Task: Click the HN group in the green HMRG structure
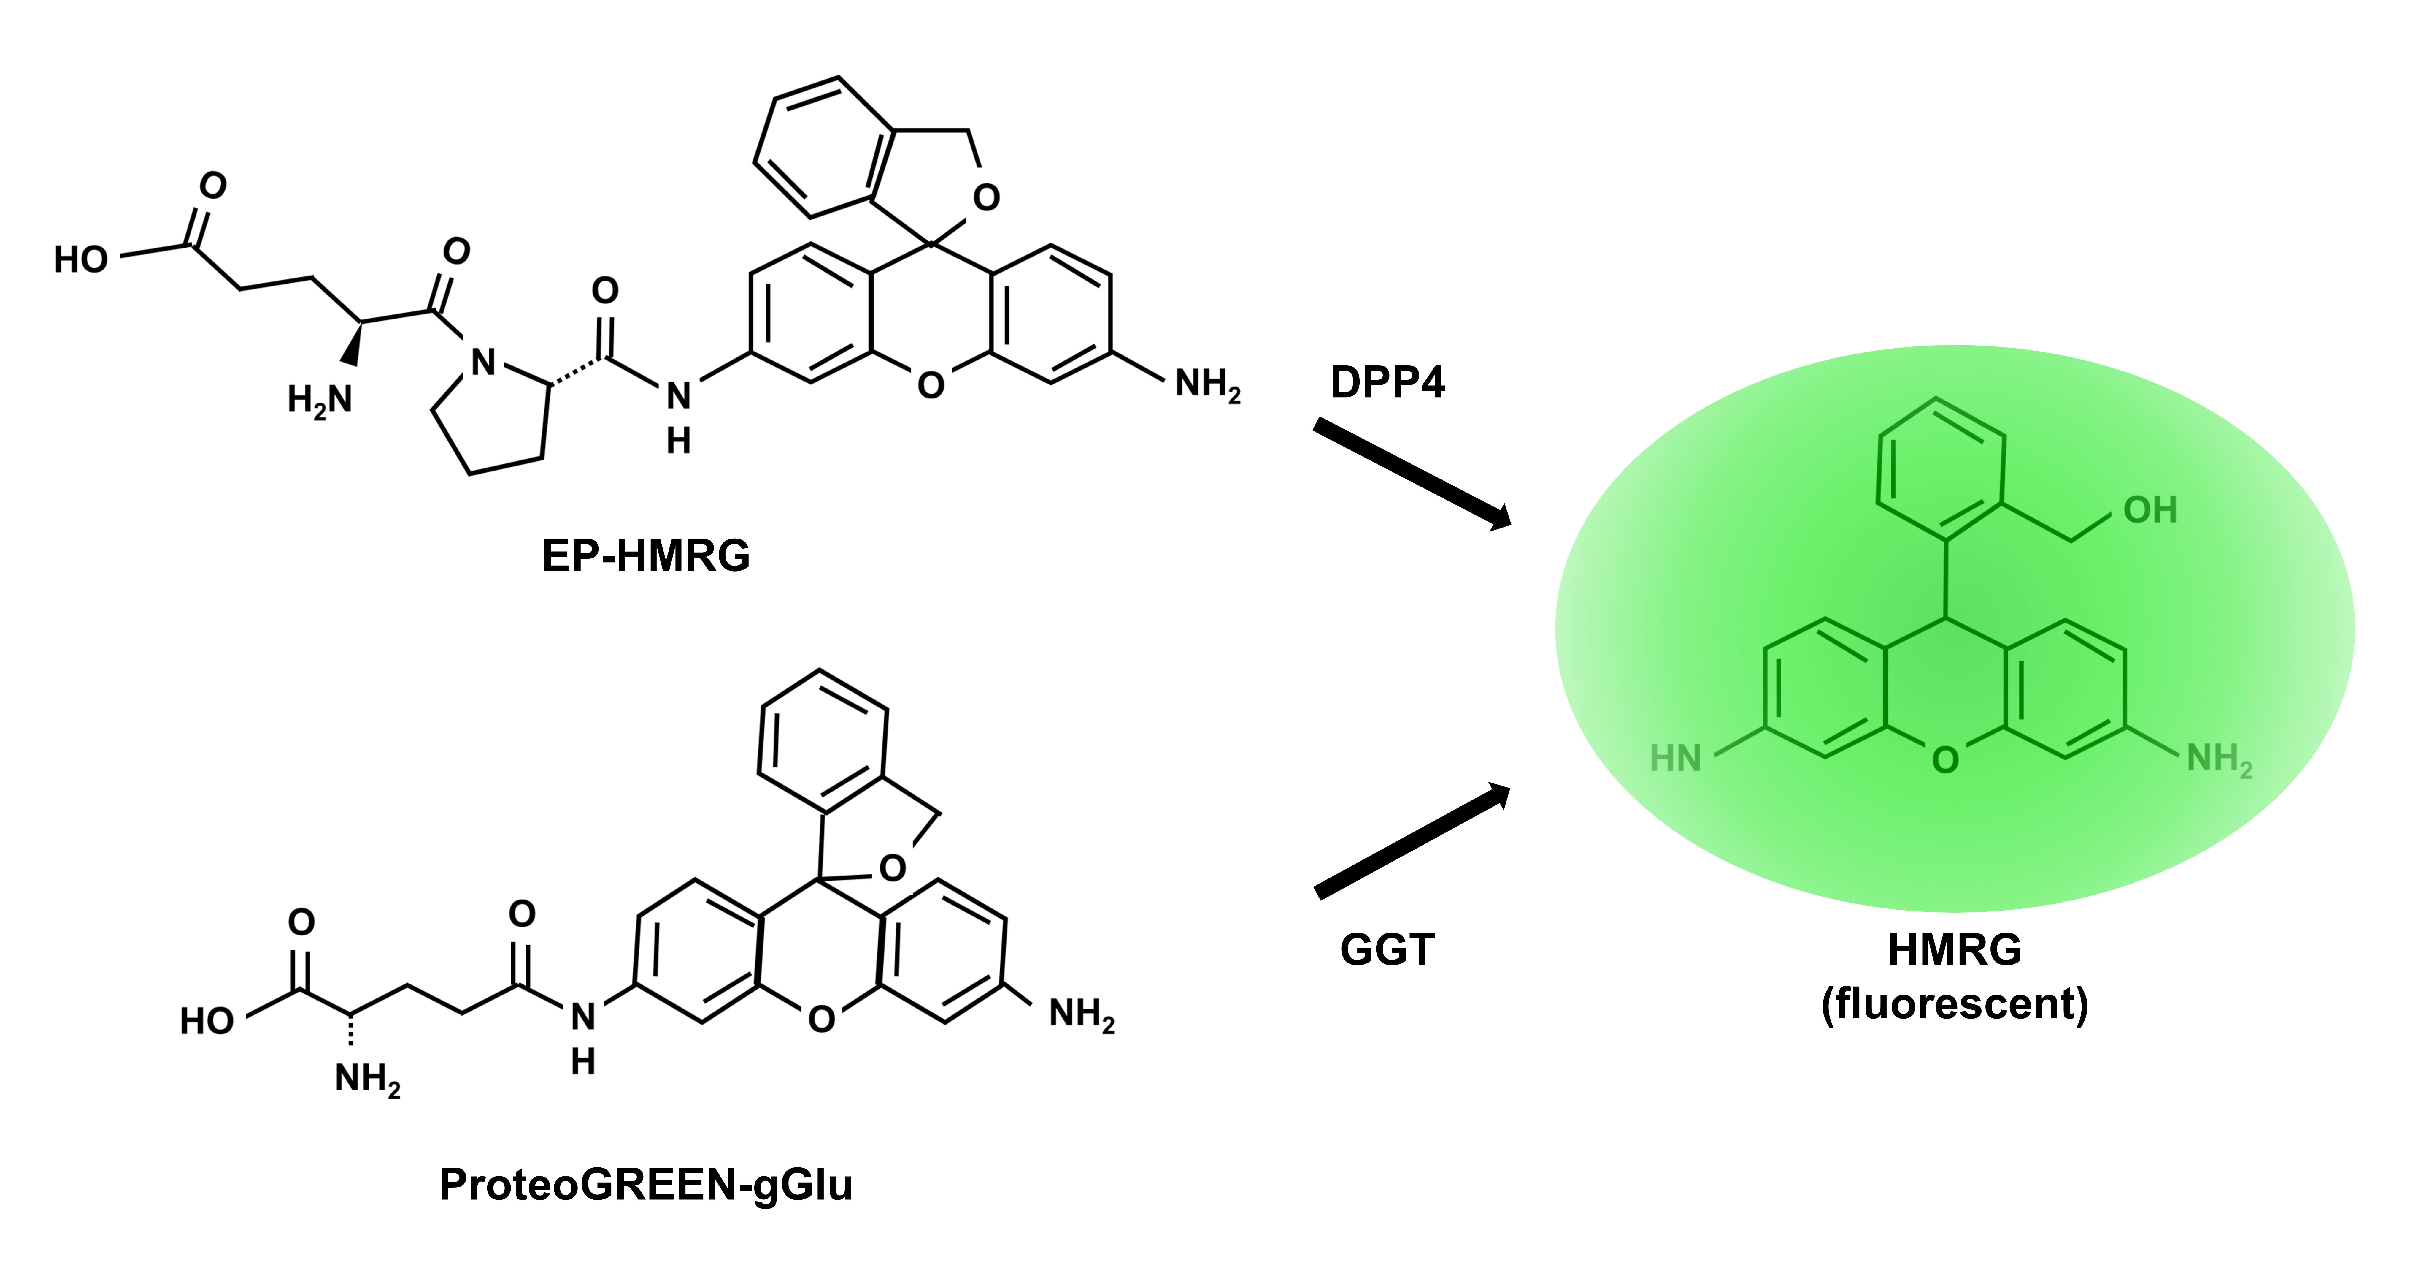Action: pos(1675,758)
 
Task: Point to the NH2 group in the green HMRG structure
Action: pos(2219,759)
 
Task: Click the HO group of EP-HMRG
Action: pos(80,259)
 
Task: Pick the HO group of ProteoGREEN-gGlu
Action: pos(207,1020)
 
